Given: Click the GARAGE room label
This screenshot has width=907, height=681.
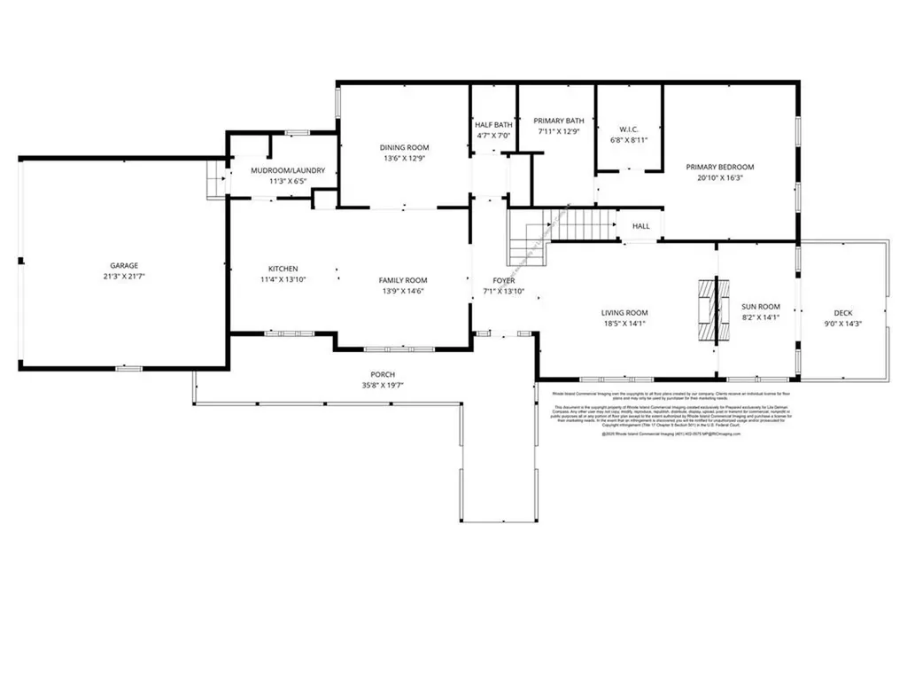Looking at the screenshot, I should pyautogui.click(x=124, y=265).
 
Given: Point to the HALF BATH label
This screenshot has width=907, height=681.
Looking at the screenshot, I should pyautogui.click(x=493, y=125).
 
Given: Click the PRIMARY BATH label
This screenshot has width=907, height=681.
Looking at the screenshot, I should pyautogui.click(x=558, y=121).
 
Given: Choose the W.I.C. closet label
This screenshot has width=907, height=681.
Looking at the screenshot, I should pyautogui.click(x=630, y=129).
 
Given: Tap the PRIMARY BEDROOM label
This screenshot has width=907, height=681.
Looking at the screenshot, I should pyautogui.click(x=720, y=167).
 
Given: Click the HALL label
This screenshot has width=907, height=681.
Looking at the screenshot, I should pyautogui.click(x=640, y=226).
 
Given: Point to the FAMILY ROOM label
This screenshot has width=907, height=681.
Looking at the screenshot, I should pyautogui.click(x=403, y=280).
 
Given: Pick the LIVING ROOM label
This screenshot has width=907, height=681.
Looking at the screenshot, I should pyautogui.click(x=624, y=312).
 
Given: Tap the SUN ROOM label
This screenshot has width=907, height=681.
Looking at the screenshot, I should pyautogui.click(x=761, y=307).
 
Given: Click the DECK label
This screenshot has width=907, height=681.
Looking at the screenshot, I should pyautogui.click(x=842, y=312).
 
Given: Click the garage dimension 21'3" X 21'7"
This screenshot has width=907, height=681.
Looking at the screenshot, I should pyautogui.click(x=124, y=277).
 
